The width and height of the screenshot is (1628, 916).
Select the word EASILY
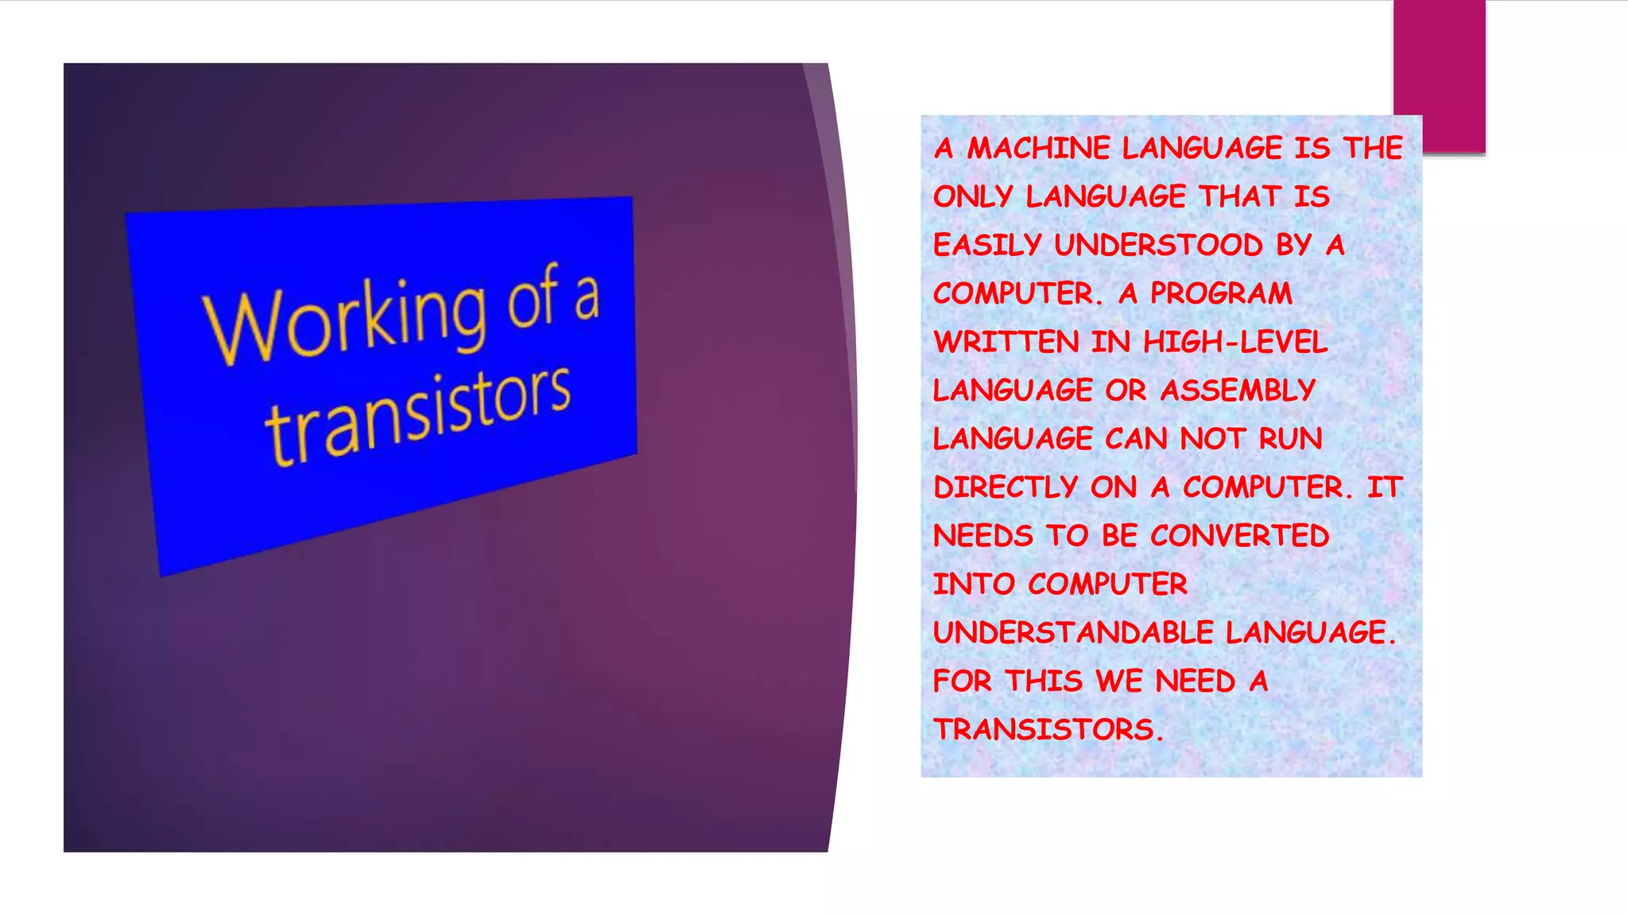[x=987, y=245]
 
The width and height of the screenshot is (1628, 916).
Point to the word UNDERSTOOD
[x=1158, y=245]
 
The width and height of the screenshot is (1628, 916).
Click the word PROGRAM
[x=1221, y=293]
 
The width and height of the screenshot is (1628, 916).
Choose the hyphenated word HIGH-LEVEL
[x=1235, y=342]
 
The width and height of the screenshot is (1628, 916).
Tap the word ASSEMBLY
[x=1238, y=390]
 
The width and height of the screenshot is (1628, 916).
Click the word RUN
[x=1290, y=439]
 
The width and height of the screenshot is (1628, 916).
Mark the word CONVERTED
[x=1239, y=536]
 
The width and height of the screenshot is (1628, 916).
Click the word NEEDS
[x=983, y=536]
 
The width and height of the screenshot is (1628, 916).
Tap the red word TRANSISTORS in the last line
[x=1044, y=729]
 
